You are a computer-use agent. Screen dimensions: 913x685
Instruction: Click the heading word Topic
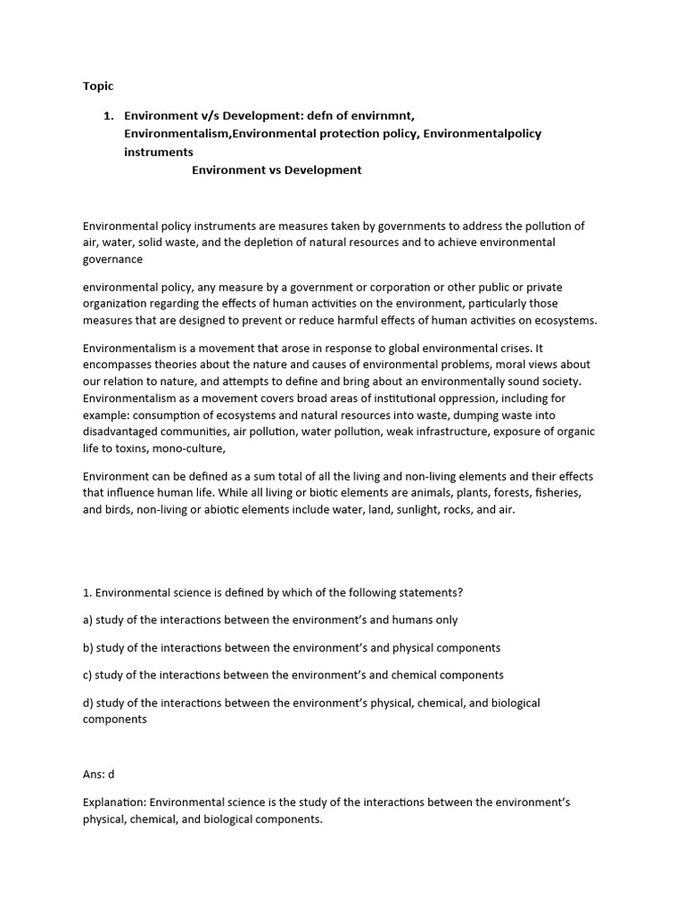[98, 86]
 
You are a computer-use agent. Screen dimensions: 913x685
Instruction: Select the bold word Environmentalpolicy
[482, 134]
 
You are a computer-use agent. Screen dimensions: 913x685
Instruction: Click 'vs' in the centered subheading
[271, 169]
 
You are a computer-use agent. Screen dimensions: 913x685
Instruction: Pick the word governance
[112, 259]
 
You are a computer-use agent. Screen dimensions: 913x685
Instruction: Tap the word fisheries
[563, 493]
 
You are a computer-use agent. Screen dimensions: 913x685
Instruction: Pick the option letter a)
[87, 620]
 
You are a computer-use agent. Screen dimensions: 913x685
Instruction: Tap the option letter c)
[87, 675]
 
